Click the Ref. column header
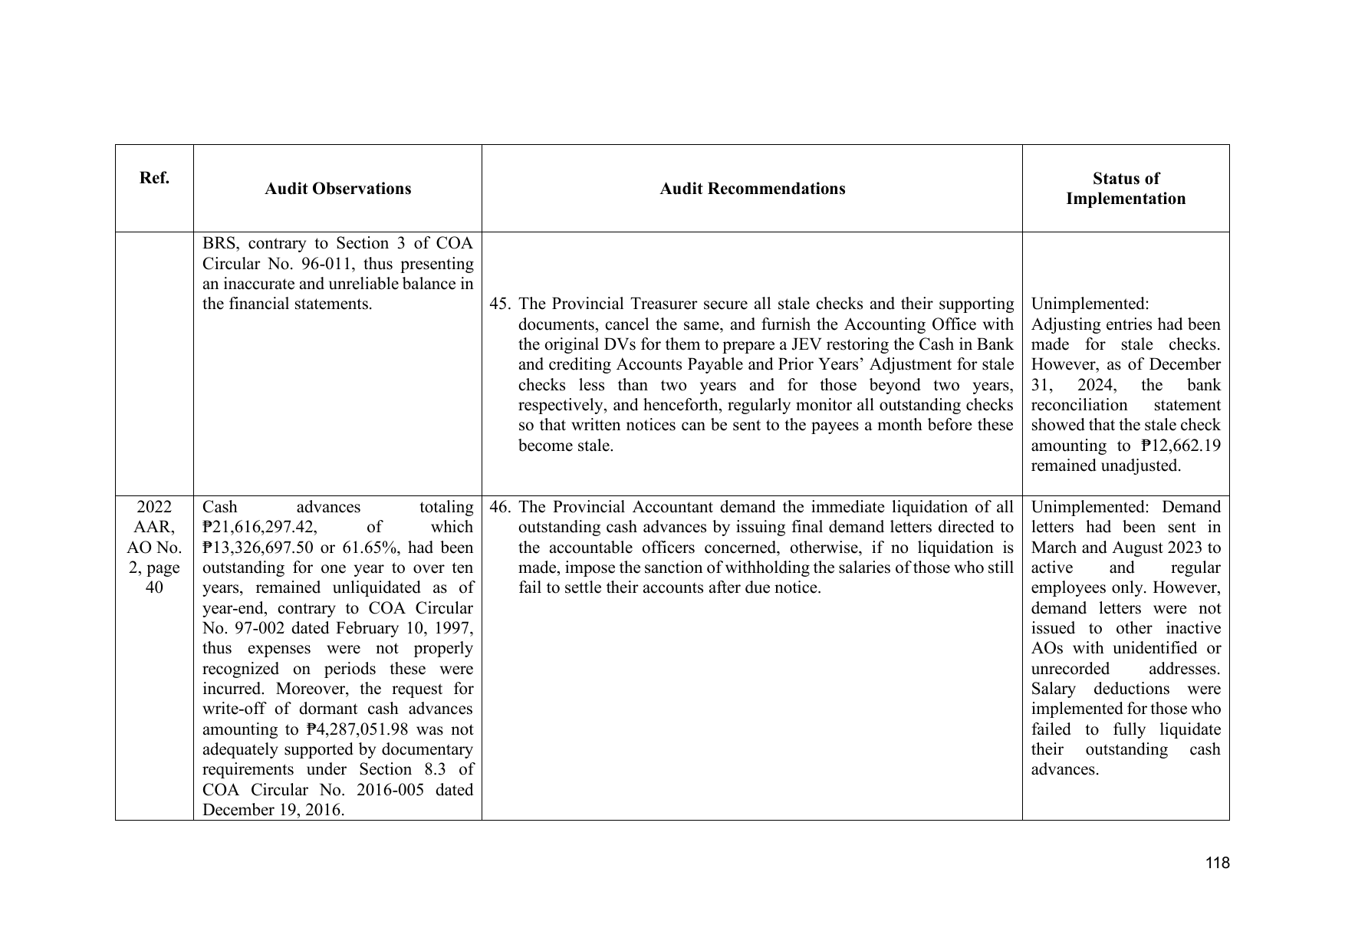tap(154, 178)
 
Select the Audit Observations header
tap(337, 189)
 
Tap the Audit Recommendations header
tap(752, 189)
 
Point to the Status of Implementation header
tap(1126, 189)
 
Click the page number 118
tap(1217, 864)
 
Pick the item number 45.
tap(500, 304)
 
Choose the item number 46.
tap(500, 508)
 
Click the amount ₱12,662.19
tap(1180, 446)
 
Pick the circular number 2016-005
tap(383, 790)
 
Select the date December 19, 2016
tap(272, 810)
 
